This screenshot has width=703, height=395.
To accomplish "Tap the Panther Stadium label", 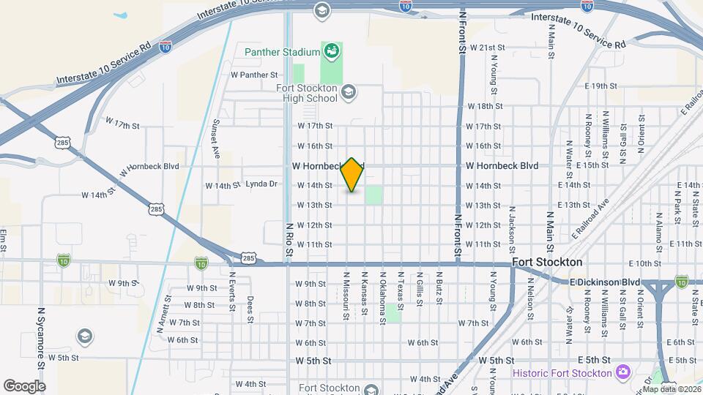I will click(283, 52).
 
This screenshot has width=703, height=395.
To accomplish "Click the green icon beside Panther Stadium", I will click(332, 51).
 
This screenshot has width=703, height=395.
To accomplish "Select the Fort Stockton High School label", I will click(307, 94).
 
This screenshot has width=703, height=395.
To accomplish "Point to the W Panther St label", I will click(254, 75).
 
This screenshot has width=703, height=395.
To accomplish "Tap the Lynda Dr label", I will click(261, 184).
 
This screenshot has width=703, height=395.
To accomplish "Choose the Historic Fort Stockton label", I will click(562, 373).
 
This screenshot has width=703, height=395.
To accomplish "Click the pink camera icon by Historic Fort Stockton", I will click(623, 373).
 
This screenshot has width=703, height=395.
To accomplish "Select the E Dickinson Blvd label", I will click(605, 282).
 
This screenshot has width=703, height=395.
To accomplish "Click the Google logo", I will click(24, 386).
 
